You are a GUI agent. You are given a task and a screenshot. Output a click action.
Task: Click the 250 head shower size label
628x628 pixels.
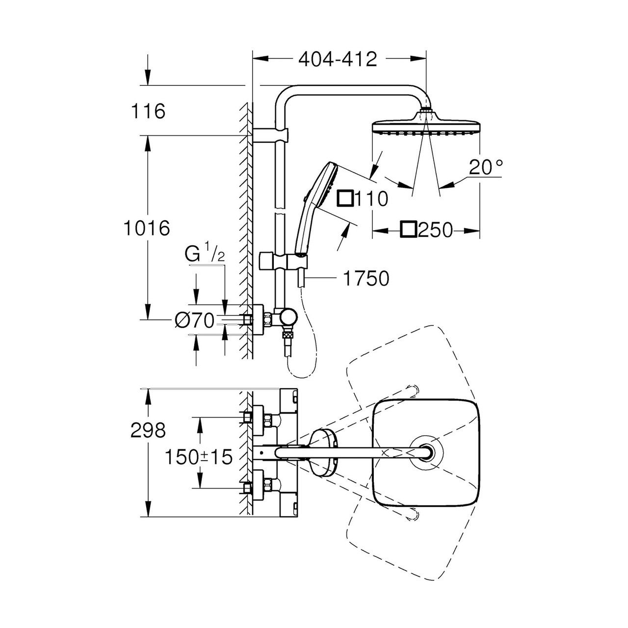pos(435,230)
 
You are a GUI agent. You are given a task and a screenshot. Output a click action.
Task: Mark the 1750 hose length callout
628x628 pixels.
pos(366,278)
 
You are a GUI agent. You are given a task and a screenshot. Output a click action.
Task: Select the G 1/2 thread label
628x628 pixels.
pos(205,255)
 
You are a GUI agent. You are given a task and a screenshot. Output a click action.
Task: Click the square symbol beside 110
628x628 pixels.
pos(345,199)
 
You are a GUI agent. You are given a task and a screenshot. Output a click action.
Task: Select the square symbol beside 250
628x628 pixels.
pos(409,230)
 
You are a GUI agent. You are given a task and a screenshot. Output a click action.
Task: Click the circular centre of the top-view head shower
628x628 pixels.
pos(426,452)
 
